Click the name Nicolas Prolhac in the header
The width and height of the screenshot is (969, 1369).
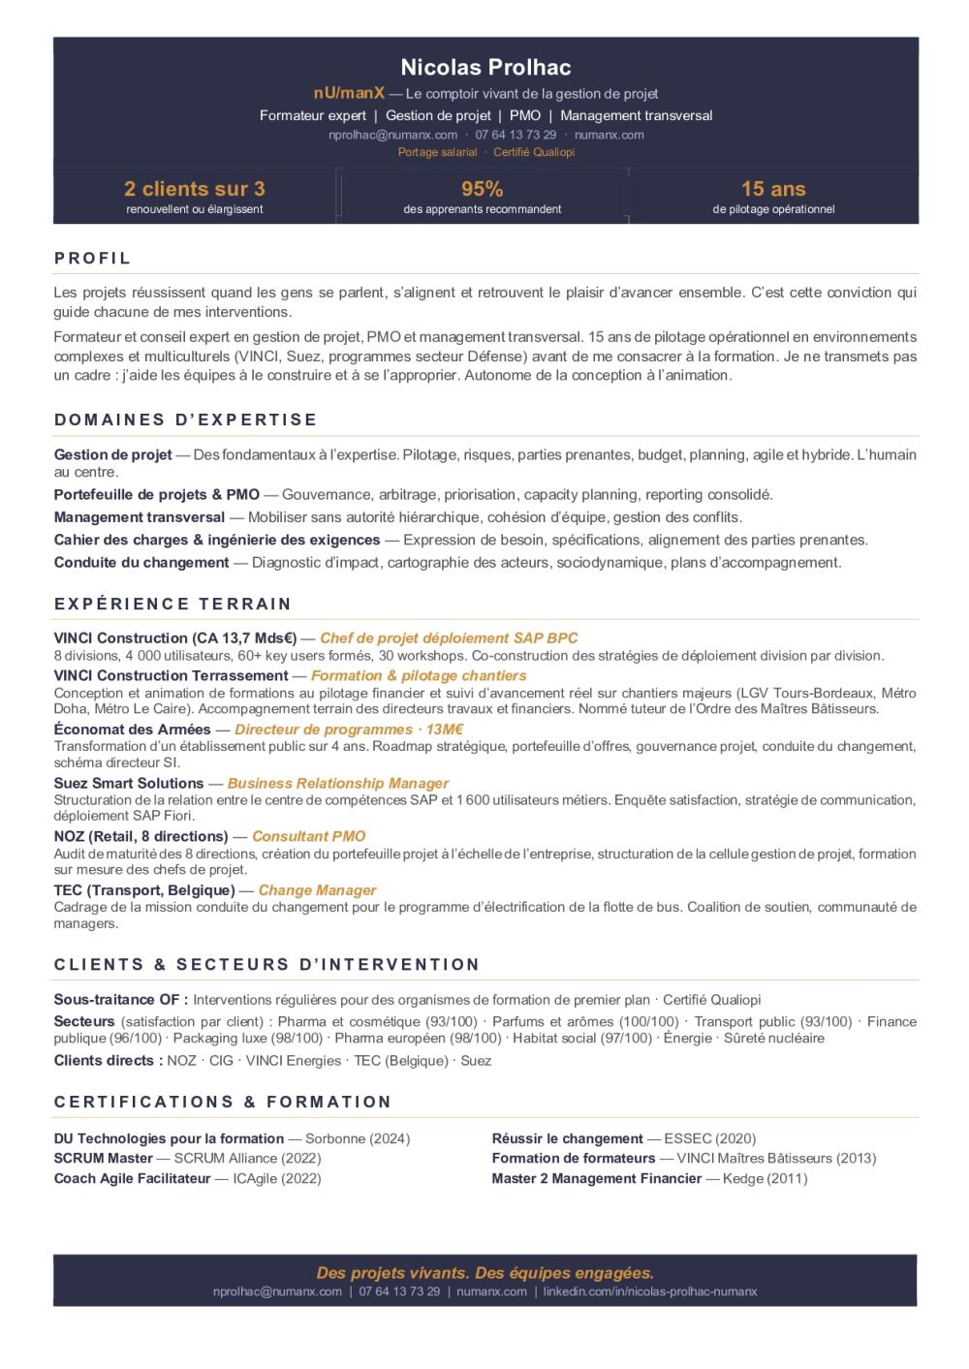click(485, 67)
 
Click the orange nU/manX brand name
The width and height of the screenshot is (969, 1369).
click(349, 93)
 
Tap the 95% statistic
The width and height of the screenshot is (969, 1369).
click(482, 189)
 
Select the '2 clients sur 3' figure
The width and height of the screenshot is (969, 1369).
click(194, 189)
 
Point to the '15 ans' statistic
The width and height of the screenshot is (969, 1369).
click(773, 189)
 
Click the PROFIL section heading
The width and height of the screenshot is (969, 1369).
click(92, 258)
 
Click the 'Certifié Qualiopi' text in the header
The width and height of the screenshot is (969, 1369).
click(534, 152)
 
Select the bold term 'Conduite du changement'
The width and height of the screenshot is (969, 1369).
click(141, 562)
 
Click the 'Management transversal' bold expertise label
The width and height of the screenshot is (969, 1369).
click(140, 517)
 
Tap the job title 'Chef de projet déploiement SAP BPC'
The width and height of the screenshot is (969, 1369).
click(449, 638)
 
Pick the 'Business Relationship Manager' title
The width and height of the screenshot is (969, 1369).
click(338, 783)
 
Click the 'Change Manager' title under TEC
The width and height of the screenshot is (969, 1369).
click(317, 889)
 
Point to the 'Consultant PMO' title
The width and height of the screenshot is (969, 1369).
click(308, 836)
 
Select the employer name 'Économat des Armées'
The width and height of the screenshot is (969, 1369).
click(132, 729)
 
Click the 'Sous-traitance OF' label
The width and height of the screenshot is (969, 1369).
click(117, 999)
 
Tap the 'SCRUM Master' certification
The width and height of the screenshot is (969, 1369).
click(103, 1158)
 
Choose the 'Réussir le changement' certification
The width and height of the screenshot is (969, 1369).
click(567, 1138)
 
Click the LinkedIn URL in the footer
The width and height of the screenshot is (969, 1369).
click(650, 1291)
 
